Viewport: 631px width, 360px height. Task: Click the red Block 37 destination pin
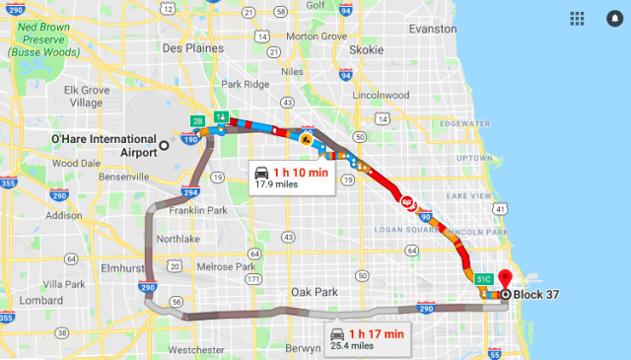[505, 280]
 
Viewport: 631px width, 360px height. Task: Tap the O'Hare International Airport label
[103, 145]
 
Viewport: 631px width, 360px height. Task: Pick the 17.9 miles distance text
[276, 183]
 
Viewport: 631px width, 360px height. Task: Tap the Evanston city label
[439, 30]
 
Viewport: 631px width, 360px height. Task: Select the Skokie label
[367, 49]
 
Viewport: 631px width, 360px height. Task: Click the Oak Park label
[313, 292]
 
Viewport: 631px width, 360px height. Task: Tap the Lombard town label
[40, 300]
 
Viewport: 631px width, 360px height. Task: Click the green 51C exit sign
[485, 280]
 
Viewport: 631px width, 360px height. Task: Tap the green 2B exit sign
[197, 121]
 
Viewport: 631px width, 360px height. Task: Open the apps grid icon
[577, 19]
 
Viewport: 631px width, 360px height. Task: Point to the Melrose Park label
[228, 267]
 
